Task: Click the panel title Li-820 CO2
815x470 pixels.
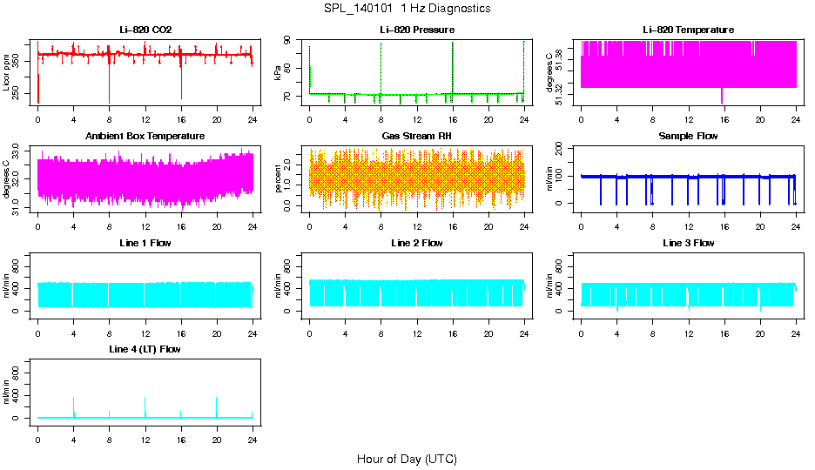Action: (x=145, y=30)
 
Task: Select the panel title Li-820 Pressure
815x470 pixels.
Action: (x=417, y=30)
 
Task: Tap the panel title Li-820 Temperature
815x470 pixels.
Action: (x=688, y=30)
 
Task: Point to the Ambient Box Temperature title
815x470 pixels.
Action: (x=145, y=137)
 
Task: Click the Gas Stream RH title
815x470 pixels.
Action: (x=417, y=137)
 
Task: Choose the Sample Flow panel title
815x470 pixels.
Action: (x=688, y=137)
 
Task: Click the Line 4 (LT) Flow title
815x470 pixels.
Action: (x=145, y=349)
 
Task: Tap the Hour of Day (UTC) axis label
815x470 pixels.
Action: (x=407, y=459)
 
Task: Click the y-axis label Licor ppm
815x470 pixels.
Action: (x=7, y=74)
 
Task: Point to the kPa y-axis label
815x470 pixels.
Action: (x=279, y=74)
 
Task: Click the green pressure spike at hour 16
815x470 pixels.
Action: (x=453, y=61)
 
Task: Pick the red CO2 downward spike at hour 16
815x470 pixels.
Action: (x=181, y=87)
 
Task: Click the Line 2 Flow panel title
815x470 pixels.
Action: (x=417, y=243)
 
